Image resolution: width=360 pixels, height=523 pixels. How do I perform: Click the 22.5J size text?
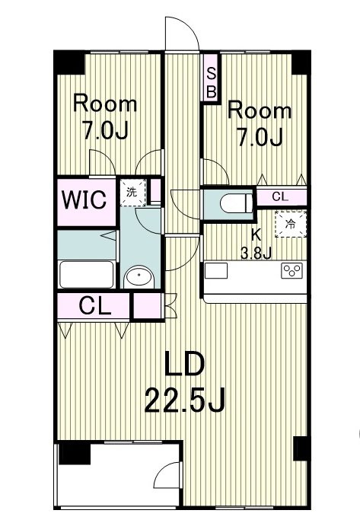click(185, 397)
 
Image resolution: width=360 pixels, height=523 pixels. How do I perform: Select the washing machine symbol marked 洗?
click(131, 193)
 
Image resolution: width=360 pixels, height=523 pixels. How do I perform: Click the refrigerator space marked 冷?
click(290, 224)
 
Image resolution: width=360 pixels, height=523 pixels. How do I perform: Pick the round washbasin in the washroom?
click(139, 278)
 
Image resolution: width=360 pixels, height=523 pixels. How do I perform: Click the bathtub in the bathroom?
click(87, 274)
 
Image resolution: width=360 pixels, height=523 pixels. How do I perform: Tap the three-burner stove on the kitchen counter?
click(291, 271)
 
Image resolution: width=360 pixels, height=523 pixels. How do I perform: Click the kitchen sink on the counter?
click(216, 271)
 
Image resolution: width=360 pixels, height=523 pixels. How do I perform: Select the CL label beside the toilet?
click(280, 196)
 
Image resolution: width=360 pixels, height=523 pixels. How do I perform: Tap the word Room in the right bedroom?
click(260, 111)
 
